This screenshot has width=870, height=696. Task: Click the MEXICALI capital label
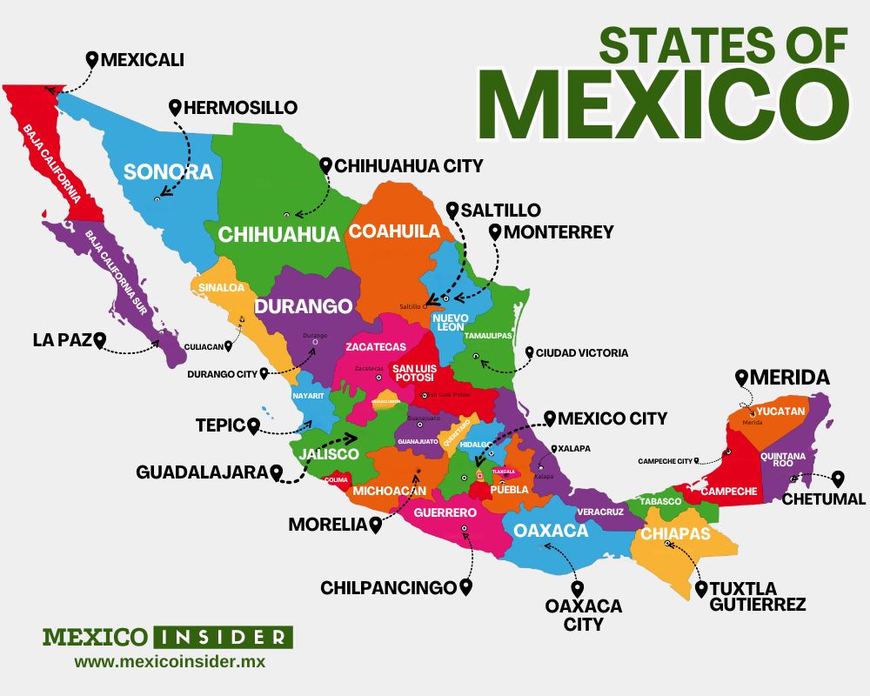pyautogui.click(x=142, y=60)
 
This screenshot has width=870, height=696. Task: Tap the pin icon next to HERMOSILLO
pyautogui.click(x=175, y=108)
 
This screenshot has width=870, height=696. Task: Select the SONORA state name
pyautogui.click(x=168, y=171)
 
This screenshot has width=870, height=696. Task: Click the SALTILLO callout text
pyautogui.click(x=500, y=211)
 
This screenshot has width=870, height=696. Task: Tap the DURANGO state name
pyautogui.click(x=303, y=306)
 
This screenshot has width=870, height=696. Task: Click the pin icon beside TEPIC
pyautogui.click(x=254, y=426)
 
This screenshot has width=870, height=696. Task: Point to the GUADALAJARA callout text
pyautogui.click(x=201, y=472)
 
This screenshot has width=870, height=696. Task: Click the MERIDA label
pyautogui.click(x=790, y=378)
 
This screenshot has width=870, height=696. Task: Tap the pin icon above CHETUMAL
pyautogui.click(x=838, y=478)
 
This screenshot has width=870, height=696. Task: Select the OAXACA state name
pyautogui.click(x=551, y=531)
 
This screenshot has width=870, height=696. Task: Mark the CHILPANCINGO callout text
pyautogui.click(x=388, y=588)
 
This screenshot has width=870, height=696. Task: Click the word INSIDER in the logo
pyautogui.click(x=223, y=636)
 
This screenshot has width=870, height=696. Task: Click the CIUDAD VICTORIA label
pyautogui.click(x=581, y=353)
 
